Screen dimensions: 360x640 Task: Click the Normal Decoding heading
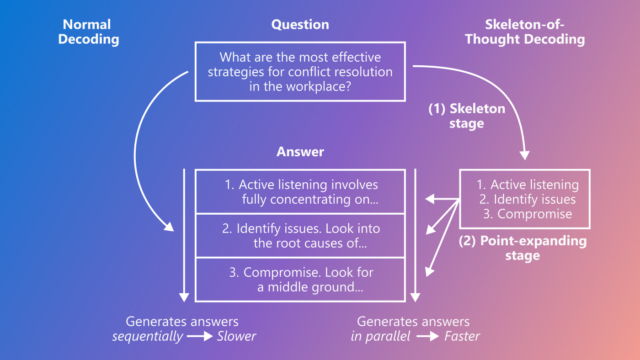click(x=88, y=32)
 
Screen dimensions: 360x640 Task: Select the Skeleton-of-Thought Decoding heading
click(x=525, y=32)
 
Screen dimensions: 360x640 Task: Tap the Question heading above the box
click(x=300, y=24)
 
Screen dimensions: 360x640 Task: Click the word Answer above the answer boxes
click(x=300, y=152)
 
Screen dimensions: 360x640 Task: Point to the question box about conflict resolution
click(x=300, y=71)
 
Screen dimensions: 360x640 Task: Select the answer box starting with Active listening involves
click(x=300, y=191)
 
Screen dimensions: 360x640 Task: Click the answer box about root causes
click(x=300, y=236)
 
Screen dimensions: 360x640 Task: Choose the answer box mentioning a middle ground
click(x=300, y=280)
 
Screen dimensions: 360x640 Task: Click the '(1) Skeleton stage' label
click(x=466, y=116)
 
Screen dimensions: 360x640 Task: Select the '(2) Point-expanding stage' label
click(x=523, y=248)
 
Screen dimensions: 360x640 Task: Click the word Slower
click(x=236, y=337)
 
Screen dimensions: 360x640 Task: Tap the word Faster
click(x=462, y=337)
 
